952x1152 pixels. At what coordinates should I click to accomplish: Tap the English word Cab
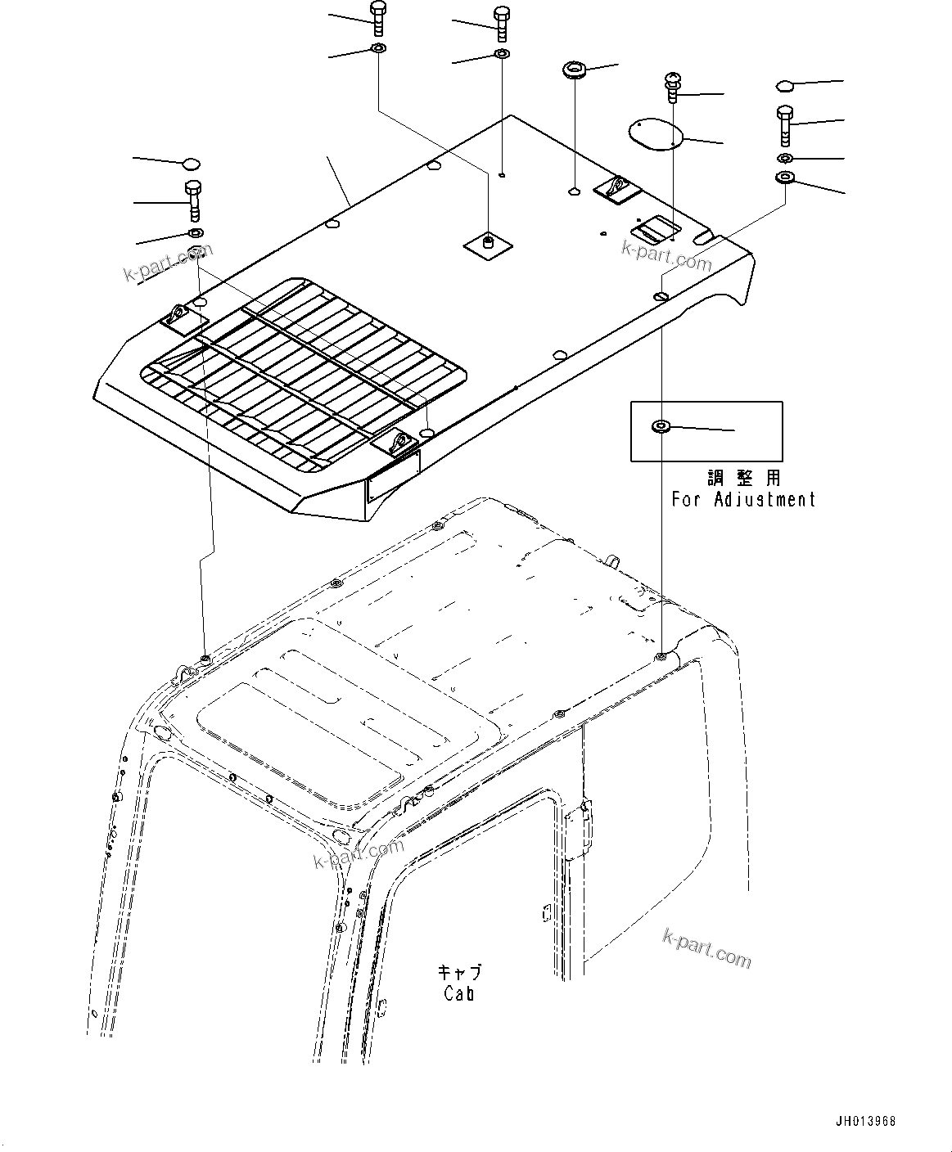(459, 993)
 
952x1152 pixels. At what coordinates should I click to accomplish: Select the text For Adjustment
(743, 498)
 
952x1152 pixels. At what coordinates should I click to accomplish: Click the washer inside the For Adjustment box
(659, 426)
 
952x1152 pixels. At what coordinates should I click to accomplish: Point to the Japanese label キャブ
(459, 972)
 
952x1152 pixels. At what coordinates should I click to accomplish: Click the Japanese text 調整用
(743, 477)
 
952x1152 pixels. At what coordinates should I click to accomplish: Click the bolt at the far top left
(377, 18)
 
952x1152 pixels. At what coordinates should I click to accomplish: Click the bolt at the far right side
(783, 125)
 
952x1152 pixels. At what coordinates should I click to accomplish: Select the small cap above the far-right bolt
(783, 84)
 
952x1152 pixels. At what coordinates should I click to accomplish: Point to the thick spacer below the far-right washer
(784, 178)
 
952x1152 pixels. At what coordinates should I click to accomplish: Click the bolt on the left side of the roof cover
(193, 200)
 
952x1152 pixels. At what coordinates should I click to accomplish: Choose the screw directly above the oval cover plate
(670, 86)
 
